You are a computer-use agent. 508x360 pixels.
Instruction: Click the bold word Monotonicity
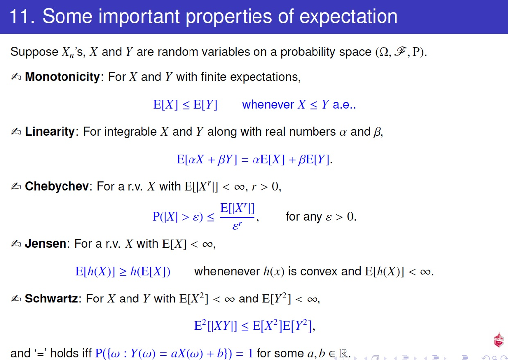pyautogui.click(x=63, y=77)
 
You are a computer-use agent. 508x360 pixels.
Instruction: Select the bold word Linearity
pyautogui.click(x=50, y=132)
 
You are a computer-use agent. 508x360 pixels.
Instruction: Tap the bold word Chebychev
pyautogui.click(x=57, y=186)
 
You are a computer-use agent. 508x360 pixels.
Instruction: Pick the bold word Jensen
pyautogui.click(x=46, y=244)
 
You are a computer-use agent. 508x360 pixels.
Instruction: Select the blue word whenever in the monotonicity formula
pyautogui.click(x=268, y=105)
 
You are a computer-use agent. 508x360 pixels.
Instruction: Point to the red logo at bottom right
pyautogui.click(x=498, y=340)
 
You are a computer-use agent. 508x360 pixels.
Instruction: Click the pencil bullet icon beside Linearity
pyautogui.click(x=16, y=132)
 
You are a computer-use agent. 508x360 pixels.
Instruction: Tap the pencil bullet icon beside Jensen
pyautogui.click(x=16, y=244)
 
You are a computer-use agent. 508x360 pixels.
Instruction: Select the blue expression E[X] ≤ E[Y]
pyautogui.click(x=185, y=105)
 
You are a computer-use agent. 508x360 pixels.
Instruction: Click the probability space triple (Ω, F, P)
pyautogui.click(x=401, y=52)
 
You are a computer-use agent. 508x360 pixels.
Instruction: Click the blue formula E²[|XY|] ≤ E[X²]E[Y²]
pyautogui.click(x=254, y=326)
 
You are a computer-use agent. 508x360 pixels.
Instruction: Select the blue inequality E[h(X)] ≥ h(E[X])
pyautogui.click(x=123, y=272)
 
